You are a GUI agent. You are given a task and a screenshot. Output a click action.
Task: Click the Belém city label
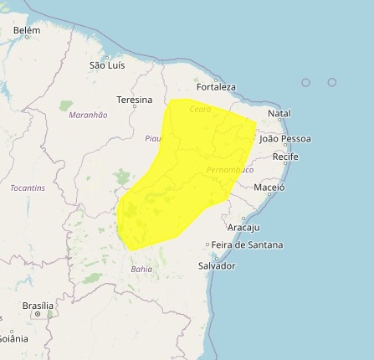27,30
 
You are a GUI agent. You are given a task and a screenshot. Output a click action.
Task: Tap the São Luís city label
107,64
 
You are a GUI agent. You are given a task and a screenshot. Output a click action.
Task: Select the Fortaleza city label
216,86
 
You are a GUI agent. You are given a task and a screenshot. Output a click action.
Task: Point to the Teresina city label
134,100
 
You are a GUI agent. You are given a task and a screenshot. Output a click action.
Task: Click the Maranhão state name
88,115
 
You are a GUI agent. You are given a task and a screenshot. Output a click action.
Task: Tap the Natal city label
279,113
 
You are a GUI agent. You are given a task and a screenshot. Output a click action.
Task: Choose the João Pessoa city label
284,138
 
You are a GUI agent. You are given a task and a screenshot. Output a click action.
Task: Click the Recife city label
285,157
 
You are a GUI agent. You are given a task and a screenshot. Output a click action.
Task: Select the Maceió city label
269,188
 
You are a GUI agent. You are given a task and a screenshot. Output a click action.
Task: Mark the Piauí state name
152,138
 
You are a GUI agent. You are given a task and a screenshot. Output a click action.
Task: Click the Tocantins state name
28,188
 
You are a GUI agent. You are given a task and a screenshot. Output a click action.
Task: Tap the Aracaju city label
243,227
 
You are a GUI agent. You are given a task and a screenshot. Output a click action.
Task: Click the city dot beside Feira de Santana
207,245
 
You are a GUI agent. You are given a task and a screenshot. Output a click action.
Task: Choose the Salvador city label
217,265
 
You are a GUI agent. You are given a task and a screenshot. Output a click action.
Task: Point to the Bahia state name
141,269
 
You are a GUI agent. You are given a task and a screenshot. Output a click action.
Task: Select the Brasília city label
38,306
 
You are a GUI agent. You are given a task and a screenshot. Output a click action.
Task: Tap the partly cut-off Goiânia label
13,338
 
